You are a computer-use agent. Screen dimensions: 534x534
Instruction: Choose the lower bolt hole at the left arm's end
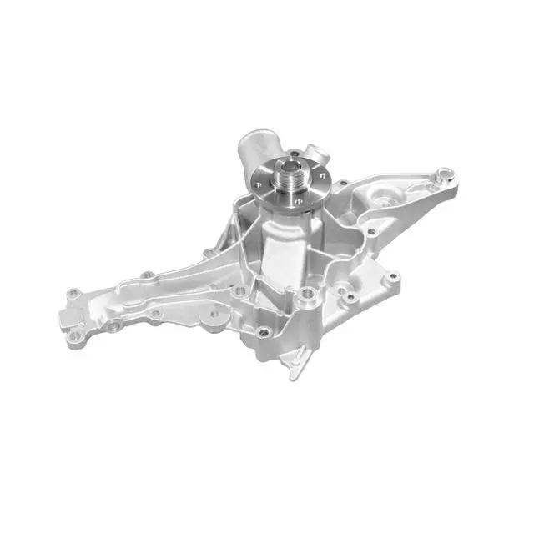[x=78, y=338]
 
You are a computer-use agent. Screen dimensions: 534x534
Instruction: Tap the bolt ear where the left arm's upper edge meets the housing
[x=206, y=252]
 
